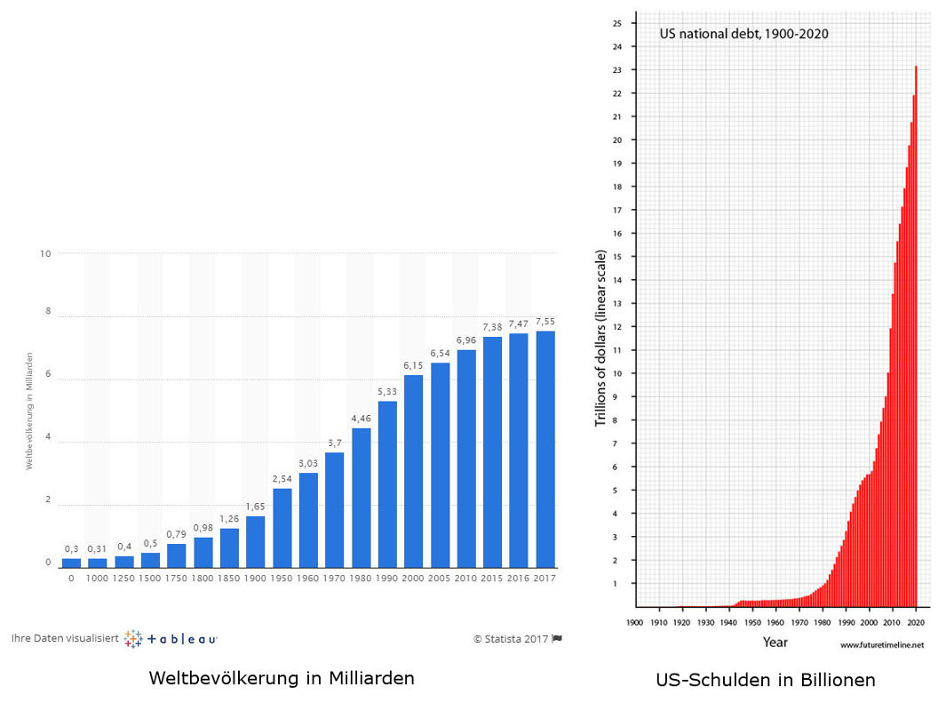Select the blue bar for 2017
(545, 449)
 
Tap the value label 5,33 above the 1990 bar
(387, 392)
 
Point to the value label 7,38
(492, 327)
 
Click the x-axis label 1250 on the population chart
(123, 579)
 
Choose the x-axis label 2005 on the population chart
(440, 579)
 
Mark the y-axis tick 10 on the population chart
(45, 253)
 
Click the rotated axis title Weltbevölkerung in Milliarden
(28, 410)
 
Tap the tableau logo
(171, 638)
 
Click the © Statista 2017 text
(512, 638)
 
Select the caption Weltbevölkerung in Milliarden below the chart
(282, 678)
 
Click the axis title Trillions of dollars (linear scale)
(600, 338)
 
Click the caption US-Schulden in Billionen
(766, 680)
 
